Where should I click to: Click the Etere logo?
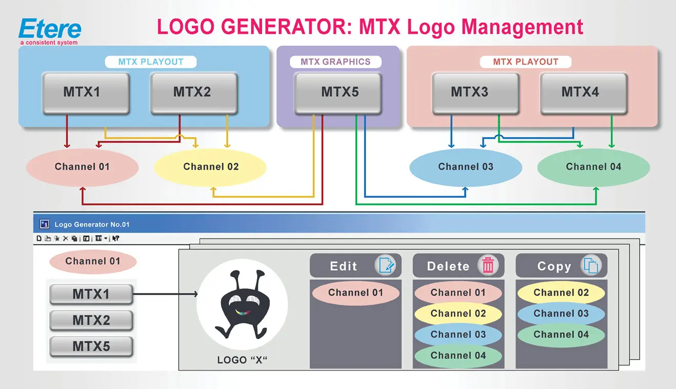coord(49,31)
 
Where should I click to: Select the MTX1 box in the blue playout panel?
coord(86,93)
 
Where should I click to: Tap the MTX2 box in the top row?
coord(193,93)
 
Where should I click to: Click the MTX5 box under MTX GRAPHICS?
coord(339,93)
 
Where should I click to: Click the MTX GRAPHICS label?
coord(335,62)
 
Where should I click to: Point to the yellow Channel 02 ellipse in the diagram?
coord(210,167)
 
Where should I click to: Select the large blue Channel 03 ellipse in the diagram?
coord(466,167)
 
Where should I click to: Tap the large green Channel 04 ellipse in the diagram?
coord(594,167)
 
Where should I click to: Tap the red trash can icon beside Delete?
coord(488,266)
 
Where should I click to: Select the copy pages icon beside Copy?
coord(591,266)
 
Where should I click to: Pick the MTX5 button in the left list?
coord(91,346)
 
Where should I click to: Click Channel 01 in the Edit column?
coord(355,293)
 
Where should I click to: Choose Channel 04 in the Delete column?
coord(458,355)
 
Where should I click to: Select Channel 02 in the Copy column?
coord(561,293)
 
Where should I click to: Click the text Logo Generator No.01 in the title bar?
coord(92,224)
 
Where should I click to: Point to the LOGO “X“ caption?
coord(242,360)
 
